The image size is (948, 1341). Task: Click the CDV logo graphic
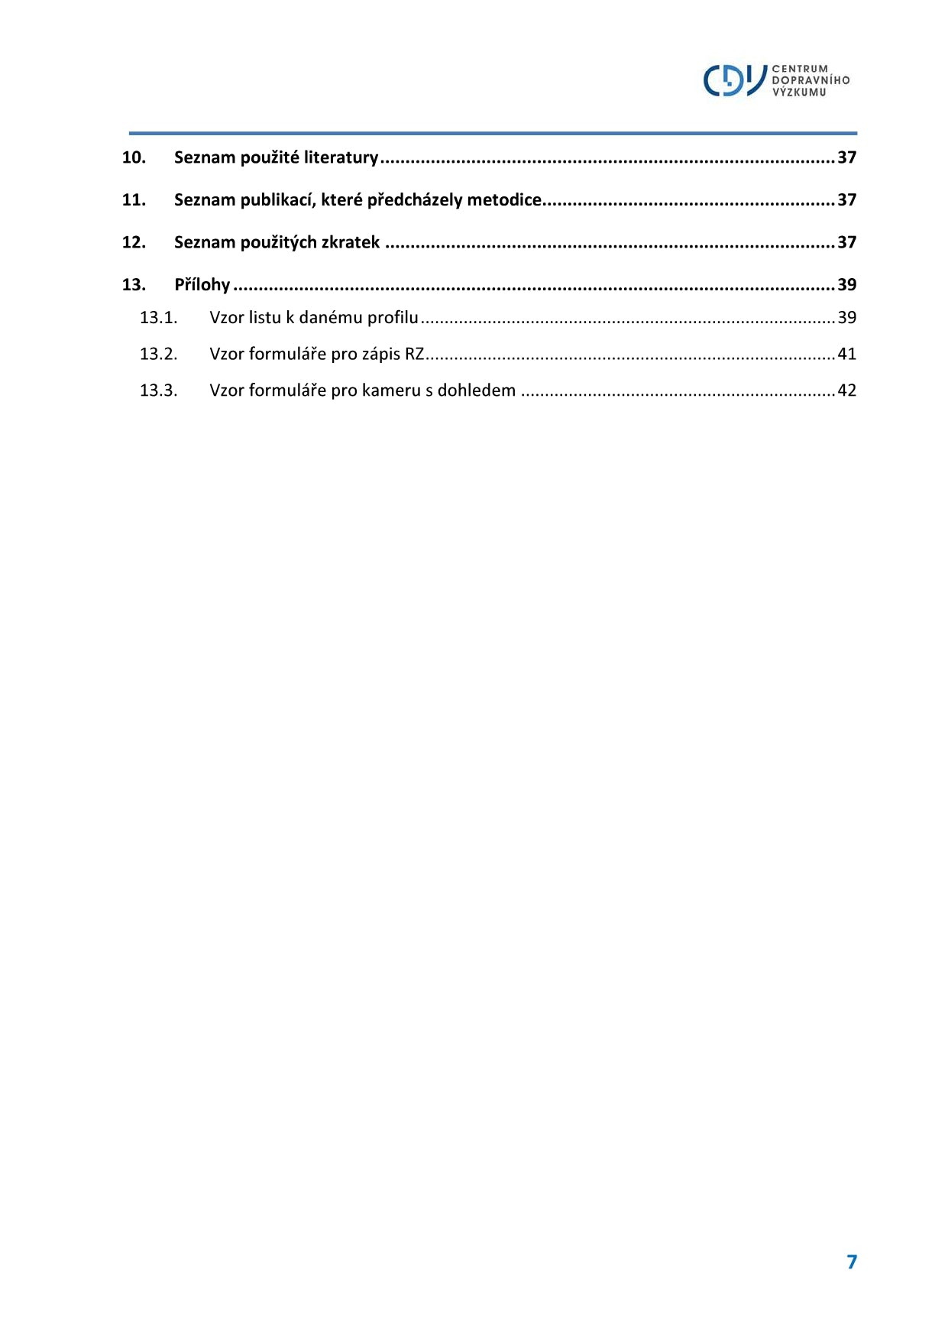(734, 80)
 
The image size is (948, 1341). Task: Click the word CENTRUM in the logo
(799, 69)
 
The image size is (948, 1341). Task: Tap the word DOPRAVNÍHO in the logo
(810, 80)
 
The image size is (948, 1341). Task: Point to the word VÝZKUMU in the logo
(799, 92)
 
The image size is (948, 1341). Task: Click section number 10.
(134, 157)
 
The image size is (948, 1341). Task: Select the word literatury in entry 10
(341, 157)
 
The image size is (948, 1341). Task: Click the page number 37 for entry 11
(846, 200)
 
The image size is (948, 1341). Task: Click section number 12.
(134, 242)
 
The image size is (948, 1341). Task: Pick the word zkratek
(351, 242)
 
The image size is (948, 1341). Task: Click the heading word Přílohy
(202, 285)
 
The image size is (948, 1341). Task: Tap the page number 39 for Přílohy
(846, 285)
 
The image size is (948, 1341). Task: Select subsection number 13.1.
(158, 318)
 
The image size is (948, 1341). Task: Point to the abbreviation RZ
(414, 354)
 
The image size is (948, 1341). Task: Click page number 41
(846, 354)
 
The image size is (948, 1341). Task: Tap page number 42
(846, 390)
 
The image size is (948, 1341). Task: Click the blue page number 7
(852, 1262)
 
